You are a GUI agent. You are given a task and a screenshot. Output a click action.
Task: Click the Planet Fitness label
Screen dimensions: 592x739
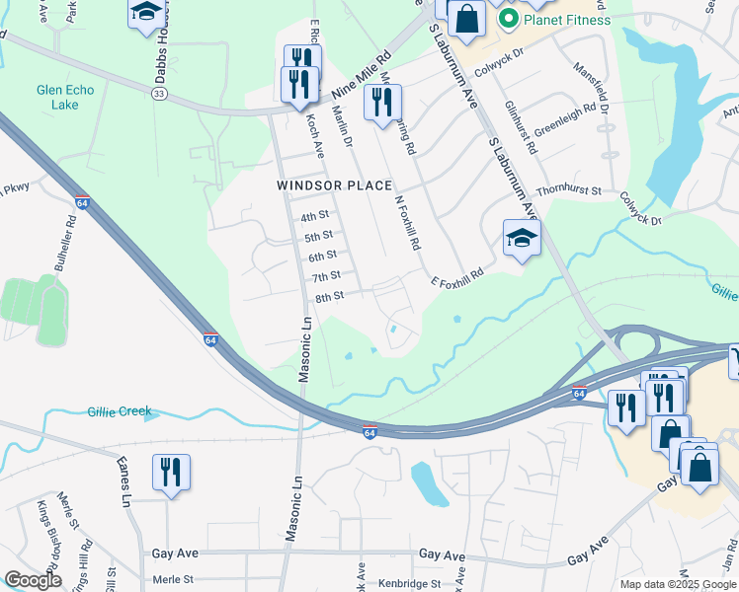[x=567, y=19]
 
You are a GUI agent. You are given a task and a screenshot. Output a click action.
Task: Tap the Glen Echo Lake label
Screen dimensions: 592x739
[x=65, y=98]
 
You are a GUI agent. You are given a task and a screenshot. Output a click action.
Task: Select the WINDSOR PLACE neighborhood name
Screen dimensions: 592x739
[x=334, y=185]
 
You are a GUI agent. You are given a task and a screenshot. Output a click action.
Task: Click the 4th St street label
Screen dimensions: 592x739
[x=314, y=216]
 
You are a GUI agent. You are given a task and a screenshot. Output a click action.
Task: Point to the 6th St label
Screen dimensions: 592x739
[x=323, y=257]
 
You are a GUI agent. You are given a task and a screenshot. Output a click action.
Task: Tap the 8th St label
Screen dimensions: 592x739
[x=329, y=297]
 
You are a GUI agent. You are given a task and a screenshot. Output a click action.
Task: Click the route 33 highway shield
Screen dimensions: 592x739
[x=159, y=93]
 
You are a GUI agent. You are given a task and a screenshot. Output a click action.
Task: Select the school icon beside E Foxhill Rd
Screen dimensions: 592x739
[x=522, y=238]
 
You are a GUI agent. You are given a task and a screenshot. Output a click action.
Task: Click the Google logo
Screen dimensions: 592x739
[x=32, y=581]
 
